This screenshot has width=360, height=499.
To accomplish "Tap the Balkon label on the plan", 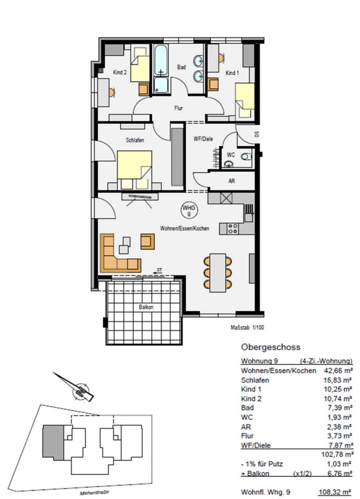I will click(145, 307).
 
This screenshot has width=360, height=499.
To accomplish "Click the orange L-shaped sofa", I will click(117, 257).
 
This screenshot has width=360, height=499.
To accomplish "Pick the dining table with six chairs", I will click(218, 273).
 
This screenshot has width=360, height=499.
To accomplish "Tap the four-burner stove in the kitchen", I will click(232, 228).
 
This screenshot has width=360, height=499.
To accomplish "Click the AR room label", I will click(232, 182).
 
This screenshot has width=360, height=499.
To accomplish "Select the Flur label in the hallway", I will click(179, 108).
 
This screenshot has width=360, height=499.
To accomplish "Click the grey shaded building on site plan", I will click(52, 442).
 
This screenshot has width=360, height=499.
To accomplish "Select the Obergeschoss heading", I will click(271, 347).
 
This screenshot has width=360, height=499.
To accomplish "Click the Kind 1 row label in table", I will click(251, 389).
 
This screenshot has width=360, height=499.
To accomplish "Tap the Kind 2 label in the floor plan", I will click(119, 72).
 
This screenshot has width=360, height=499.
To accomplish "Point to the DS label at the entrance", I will click(257, 134).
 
